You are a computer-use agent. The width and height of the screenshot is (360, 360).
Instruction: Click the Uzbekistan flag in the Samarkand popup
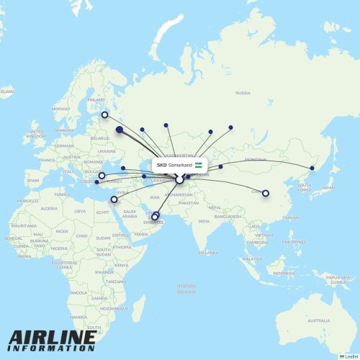click(198, 166)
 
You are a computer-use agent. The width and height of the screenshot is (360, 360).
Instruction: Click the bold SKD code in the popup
click(161, 166)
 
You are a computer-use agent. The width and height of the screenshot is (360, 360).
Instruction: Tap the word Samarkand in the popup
click(180, 166)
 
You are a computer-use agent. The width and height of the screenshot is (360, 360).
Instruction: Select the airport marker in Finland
click(104, 114)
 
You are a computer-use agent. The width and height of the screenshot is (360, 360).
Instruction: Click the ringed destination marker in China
click(266, 193)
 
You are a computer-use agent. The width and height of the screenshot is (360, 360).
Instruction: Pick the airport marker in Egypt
click(113, 199)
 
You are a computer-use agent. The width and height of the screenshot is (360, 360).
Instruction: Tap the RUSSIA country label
click(243, 93)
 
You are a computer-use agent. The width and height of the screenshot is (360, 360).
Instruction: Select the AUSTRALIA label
click(315, 320)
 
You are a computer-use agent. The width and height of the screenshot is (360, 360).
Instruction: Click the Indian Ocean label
click(186, 289)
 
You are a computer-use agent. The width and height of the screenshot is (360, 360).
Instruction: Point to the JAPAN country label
click(328, 188)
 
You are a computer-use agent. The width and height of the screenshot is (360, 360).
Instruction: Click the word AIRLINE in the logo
click(53, 337)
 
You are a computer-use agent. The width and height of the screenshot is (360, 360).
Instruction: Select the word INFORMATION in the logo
click(53, 348)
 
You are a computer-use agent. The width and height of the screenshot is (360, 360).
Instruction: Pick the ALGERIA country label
click(48, 208)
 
